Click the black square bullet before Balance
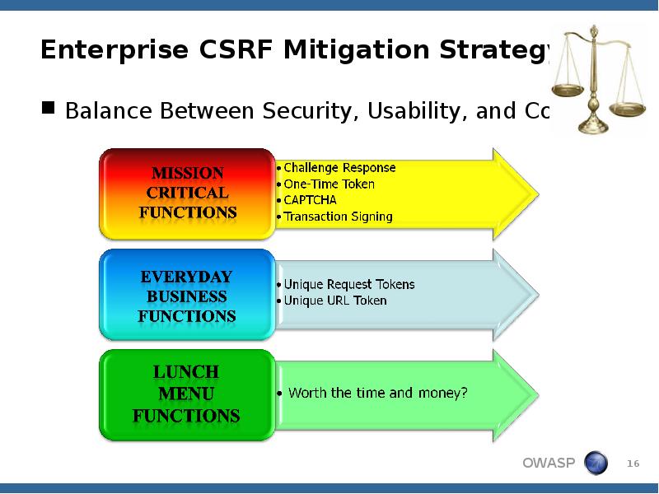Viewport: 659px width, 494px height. (x=49, y=108)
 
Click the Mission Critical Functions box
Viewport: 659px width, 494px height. (x=187, y=193)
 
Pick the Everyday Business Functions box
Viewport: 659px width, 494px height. (x=187, y=296)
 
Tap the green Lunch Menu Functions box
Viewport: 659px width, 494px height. (x=187, y=395)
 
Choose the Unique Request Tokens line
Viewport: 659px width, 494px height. (x=349, y=285)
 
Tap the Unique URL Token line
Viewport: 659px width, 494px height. (x=334, y=301)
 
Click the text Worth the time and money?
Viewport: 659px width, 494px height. (x=377, y=394)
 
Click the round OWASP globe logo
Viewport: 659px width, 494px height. (x=596, y=464)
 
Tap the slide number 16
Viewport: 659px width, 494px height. (x=633, y=464)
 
